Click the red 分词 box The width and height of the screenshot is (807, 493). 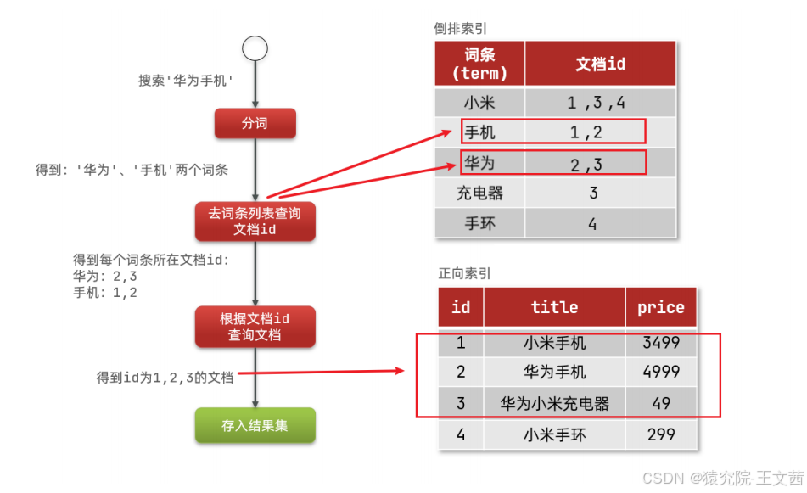255,124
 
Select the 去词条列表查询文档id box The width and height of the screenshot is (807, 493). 255,221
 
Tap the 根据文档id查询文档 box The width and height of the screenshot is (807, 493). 255,327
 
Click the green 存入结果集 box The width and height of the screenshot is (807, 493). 255,425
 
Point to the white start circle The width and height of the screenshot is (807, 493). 255,48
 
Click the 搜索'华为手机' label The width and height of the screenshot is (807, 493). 186,81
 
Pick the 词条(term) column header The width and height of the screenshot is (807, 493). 479,64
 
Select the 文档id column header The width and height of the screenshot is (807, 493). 600,64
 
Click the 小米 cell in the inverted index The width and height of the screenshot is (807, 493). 479,104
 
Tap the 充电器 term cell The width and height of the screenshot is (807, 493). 479,193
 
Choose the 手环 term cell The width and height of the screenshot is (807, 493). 479,224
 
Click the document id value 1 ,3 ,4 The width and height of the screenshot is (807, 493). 597,104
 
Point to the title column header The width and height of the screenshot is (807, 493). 554,307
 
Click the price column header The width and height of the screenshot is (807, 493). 660,307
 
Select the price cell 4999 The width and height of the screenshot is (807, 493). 660,372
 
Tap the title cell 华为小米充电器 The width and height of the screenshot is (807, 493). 554,403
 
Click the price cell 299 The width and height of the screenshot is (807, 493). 660,434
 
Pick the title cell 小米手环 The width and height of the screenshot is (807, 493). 554,434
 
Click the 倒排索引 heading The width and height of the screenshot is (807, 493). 461,28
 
